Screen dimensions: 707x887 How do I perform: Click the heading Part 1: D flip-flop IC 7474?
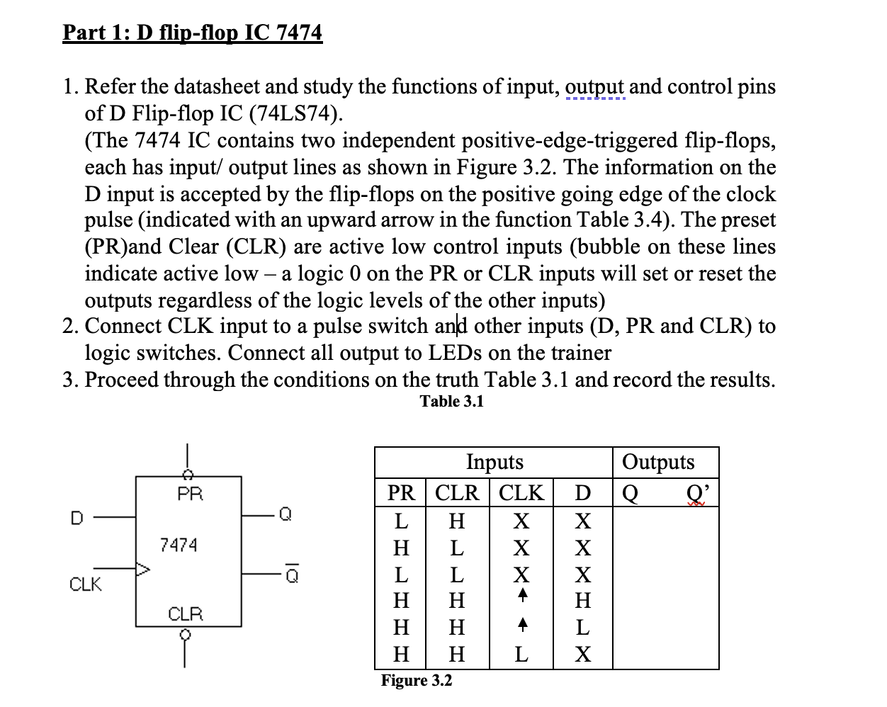tap(192, 33)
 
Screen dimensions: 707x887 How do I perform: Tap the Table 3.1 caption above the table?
tap(451, 402)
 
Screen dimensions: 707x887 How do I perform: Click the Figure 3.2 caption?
tap(416, 681)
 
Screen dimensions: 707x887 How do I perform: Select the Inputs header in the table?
tap(495, 462)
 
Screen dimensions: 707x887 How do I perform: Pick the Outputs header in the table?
tap(658, 462)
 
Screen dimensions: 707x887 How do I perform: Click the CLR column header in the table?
tap(457, 492)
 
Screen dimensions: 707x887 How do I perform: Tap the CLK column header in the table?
tap(521, 492)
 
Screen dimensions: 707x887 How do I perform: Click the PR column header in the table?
tap(401, 492)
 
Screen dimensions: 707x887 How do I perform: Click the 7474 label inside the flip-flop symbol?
tap(179, 545)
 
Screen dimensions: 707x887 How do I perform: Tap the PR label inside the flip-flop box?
tap(190, 494)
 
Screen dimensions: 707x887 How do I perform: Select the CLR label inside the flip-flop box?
tap(186, 613)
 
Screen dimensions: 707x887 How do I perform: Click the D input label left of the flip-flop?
tap(77, 518)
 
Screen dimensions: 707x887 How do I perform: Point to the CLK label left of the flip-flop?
tap(85, 584)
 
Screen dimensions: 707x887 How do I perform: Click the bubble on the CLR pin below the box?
tap(186, 635)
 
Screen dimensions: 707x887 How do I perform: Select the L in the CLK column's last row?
tap(521, 655)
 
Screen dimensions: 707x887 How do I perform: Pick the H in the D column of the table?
tap(582, 601)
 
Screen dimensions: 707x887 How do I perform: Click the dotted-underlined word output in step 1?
tap(594, 87)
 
